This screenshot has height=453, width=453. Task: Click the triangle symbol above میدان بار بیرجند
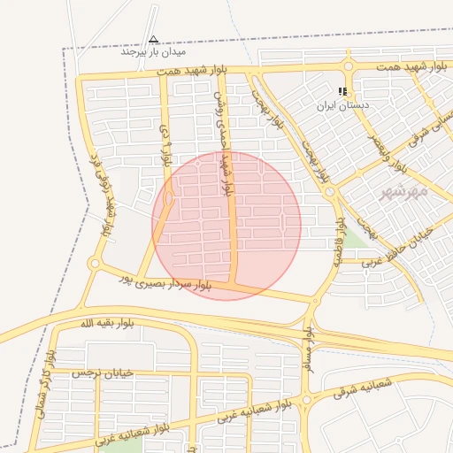pos(154,39)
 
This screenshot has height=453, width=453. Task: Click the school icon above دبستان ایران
pos(342,91)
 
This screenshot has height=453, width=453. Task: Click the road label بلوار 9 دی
pos(165,146)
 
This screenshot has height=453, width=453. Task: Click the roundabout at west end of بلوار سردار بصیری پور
pos(95,263)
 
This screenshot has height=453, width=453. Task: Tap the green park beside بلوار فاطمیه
pos(355,236)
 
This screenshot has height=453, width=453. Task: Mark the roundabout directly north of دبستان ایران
pos(348,66)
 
